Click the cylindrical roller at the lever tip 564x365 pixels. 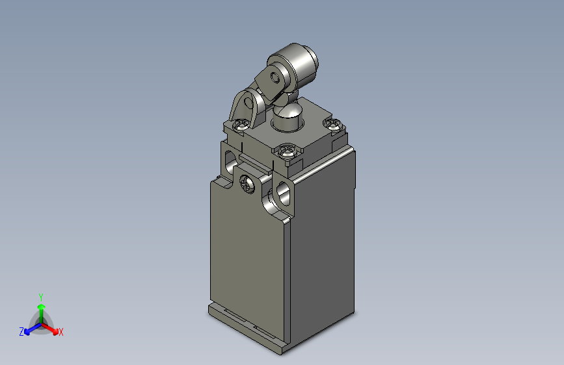point(301,65)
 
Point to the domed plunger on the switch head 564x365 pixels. point(287,117)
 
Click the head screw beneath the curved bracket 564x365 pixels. point(240,125)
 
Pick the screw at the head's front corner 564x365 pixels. point(288,152)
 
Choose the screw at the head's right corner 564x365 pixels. point(333,124)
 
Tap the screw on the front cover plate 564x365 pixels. point(248,184)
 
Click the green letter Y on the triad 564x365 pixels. point(40,296)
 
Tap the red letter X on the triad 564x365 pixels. point(60,332)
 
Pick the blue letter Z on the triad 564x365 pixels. point(21,332)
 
